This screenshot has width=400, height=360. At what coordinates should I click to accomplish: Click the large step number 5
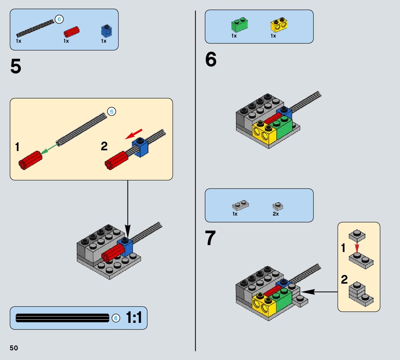16,67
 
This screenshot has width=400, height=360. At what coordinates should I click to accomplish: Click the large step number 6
211,60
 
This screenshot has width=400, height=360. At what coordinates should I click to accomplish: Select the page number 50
14,348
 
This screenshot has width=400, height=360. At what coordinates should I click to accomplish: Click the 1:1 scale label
134,318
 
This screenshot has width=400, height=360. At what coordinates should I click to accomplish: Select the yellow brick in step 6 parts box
279,25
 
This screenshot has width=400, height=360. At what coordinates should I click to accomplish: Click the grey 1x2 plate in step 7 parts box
240,206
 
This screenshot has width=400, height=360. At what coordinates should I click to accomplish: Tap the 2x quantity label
276,214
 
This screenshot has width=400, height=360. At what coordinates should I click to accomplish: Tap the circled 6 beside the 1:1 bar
116,318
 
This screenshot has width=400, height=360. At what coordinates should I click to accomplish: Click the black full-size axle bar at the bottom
63,318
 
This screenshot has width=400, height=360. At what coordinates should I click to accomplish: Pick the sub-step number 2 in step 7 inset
344,280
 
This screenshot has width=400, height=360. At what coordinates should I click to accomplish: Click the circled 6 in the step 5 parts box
59,19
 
